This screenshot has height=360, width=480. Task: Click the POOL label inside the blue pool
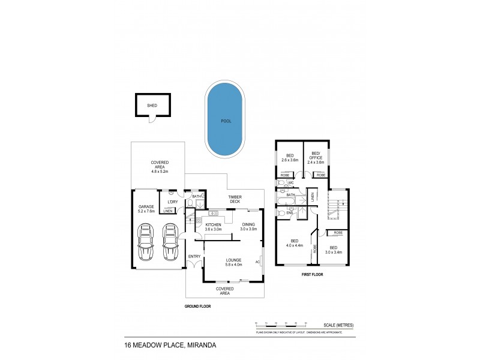[226, 121]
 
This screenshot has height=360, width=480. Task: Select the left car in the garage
[146, 244]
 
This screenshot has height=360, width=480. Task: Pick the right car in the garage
[170, 244]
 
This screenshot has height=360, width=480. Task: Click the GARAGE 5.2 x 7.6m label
[146, 208]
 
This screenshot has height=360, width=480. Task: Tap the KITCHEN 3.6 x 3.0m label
[213, 226]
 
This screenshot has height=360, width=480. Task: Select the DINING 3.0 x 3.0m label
[248, 226]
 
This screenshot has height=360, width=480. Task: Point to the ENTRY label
[194, 257]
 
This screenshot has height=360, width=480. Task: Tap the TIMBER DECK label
[234, 199]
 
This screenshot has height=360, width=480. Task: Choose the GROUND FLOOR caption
[199, 305]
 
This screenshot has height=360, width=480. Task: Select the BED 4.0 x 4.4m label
[294, 242]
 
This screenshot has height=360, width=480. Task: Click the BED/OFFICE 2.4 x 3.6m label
[316, 159]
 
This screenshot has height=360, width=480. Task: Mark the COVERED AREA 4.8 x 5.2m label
[160, 166]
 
